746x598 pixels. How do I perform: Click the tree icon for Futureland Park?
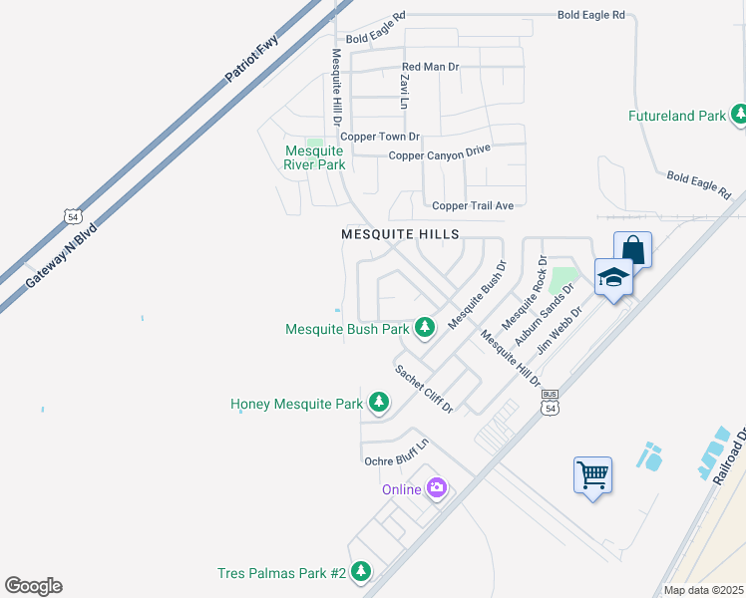(x=739, y=116)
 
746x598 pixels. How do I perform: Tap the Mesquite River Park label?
(x=314, y=157)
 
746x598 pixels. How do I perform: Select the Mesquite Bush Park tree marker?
(x=425, y=327)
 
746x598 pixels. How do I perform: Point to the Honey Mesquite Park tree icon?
(x=378, y=403)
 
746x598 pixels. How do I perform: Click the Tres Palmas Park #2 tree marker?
(x=361, y=572)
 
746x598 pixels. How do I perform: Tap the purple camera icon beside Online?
(x=436, y=488)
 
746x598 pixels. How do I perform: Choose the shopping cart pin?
(x=592, y=474)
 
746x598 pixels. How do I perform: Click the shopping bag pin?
(x=632, y=249)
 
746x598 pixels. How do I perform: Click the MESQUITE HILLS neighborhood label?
(x=400, y=234)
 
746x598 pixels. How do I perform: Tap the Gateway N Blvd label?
(x=61, y=256)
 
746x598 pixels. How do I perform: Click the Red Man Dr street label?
(x=430, y=67)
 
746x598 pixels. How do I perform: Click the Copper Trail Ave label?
(x=472, y=205)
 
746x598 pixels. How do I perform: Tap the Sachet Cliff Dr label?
(x=424, y=389)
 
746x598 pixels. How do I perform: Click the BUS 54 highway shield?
(x=551, y=402)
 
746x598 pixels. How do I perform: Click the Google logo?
(x=34, y=585)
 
